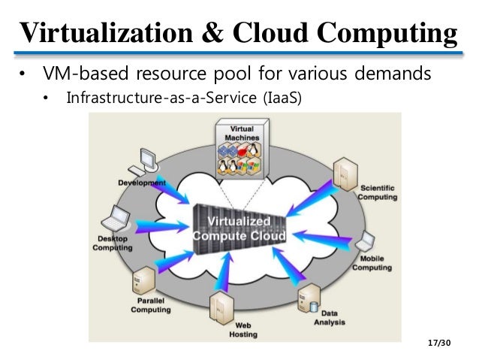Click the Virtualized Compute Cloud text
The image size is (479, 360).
(x=239, y=229)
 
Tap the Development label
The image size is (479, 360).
(x=142, y=183)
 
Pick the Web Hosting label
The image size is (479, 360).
(x=244, y=329)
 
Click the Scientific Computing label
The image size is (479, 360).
(x=377, y=192)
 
